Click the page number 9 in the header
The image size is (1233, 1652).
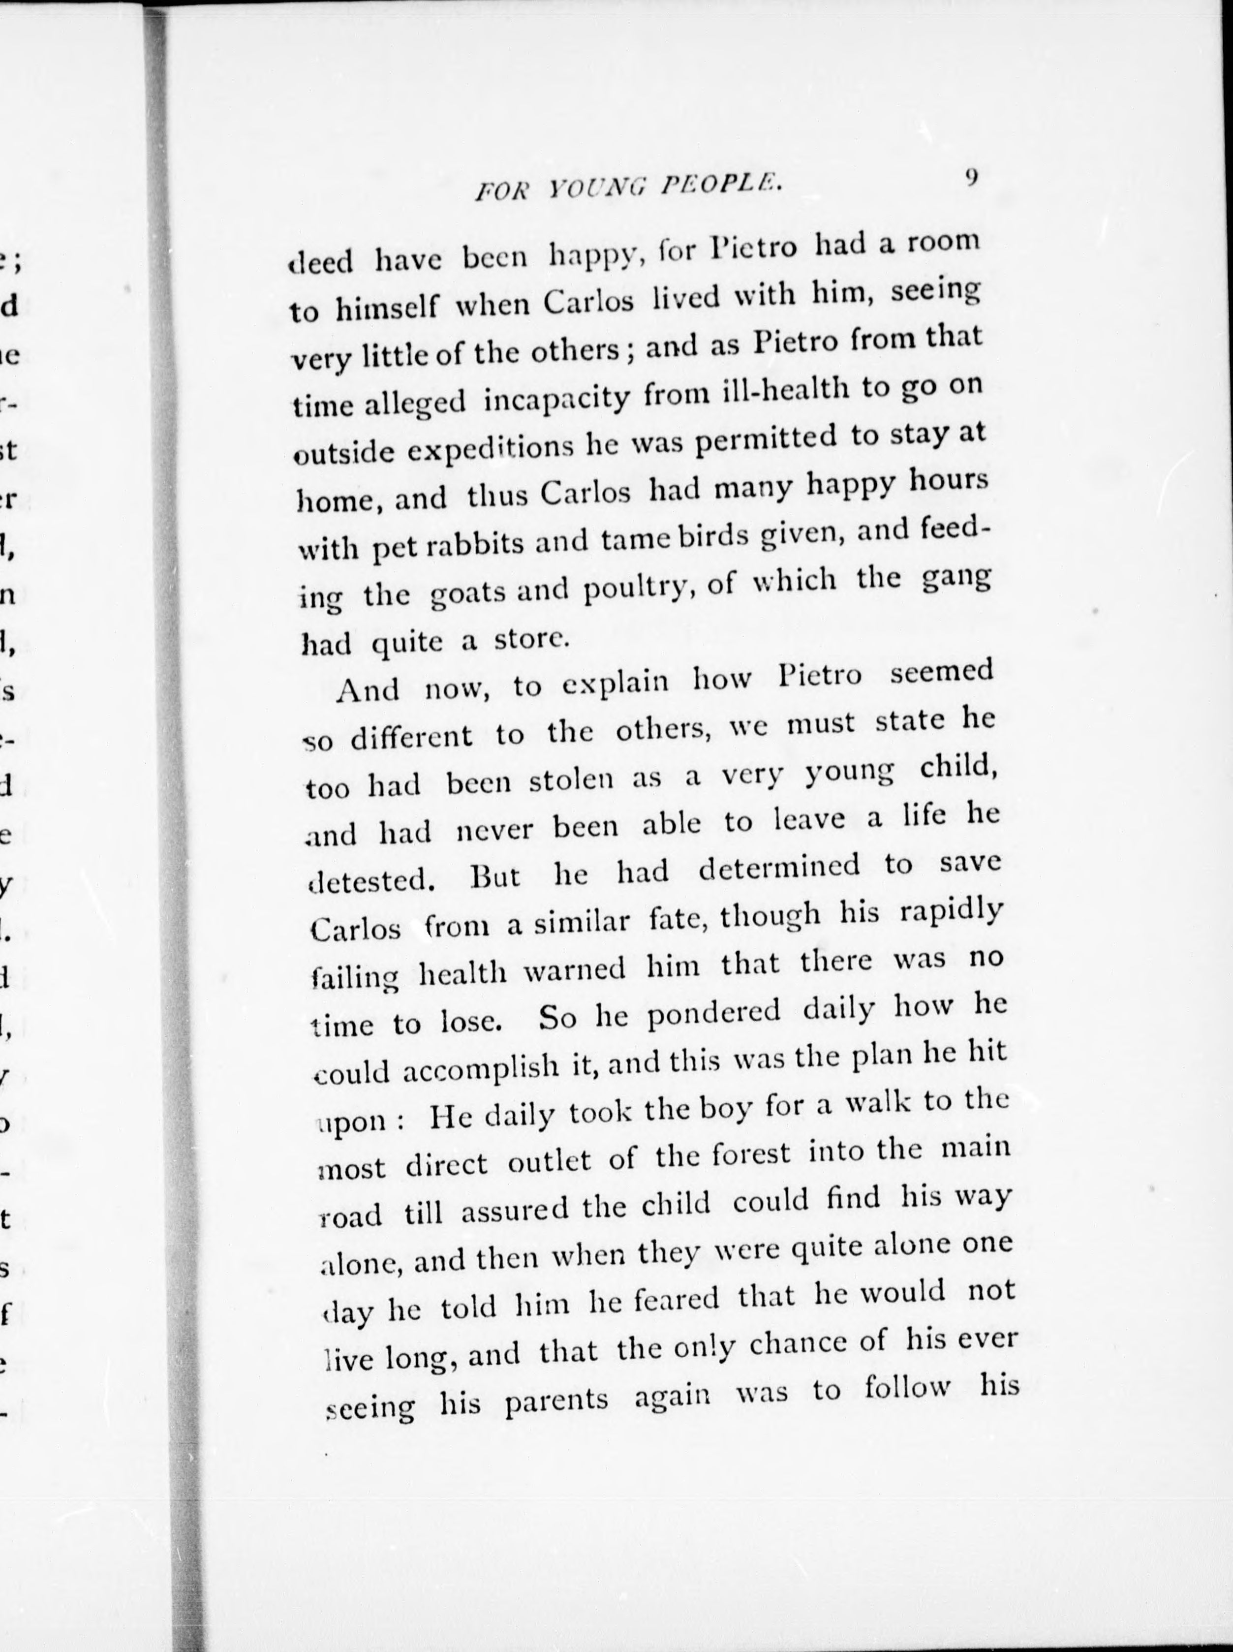point(971,178)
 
